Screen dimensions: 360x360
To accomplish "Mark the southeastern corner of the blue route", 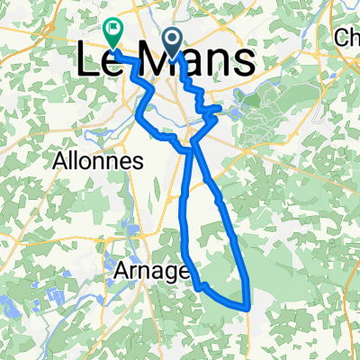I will coord(247,306).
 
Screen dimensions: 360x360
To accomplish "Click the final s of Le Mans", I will coord(242,62).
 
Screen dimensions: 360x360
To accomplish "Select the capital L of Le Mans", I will coord(85,60).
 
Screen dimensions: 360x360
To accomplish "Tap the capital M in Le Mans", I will coord(158,60).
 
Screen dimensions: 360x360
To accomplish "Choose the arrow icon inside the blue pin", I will coord(172,36).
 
